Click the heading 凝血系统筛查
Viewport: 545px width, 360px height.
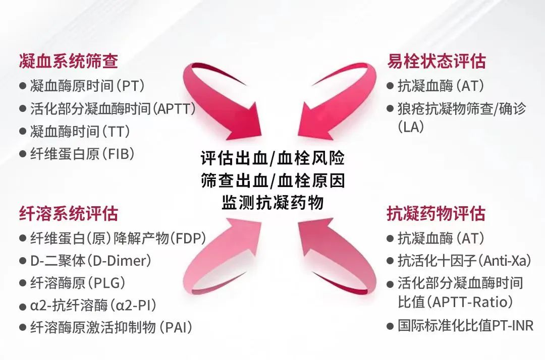(69, 62)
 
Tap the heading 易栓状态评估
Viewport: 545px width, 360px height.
(437, 62)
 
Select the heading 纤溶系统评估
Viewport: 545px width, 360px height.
(69, 213)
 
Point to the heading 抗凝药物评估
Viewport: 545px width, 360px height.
(436, 213)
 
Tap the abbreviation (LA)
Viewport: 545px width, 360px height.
(411, 127)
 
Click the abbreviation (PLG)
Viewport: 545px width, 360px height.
(105, 283)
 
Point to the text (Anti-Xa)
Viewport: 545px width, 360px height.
(505, 261)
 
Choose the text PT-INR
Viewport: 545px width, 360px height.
(513, 326)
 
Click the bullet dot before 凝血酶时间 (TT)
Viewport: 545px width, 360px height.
(23, 132)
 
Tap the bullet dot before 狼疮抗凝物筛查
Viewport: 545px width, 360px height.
(390, 109)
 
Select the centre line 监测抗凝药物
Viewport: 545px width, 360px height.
(273, 202)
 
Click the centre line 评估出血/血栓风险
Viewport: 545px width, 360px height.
(273, 158)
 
